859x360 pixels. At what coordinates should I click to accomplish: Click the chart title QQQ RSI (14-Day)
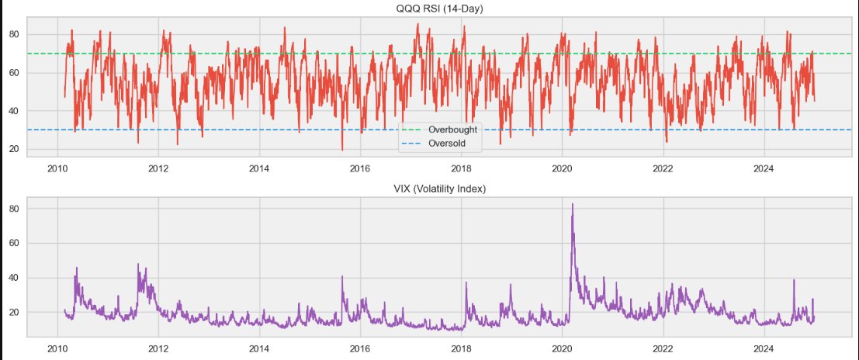[x=429, y=8]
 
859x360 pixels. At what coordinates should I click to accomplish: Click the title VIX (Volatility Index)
[x=429, y=189]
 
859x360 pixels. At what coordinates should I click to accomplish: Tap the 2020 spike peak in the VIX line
[x=573, y=204]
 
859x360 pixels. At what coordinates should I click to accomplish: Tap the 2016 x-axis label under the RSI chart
[x=360, y=168]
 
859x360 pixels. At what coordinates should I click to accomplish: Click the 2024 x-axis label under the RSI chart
[x=764, y=168]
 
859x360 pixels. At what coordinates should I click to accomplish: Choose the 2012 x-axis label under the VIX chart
[x=158, y=348]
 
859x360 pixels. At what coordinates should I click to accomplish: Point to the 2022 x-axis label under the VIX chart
[x=663, y=348]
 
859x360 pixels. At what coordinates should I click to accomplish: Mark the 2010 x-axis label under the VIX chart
[x=57, y=348]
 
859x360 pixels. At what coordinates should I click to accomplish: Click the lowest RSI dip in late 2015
[x=342, y=150]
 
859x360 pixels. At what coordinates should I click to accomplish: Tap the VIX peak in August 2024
[x=794, y=280]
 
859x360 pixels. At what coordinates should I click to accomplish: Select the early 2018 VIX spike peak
[x=466, y=282]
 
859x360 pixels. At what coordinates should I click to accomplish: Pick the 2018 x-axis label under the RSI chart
[x=462, y=168]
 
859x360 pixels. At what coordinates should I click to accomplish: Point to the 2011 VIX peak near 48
[x=138, y=264]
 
